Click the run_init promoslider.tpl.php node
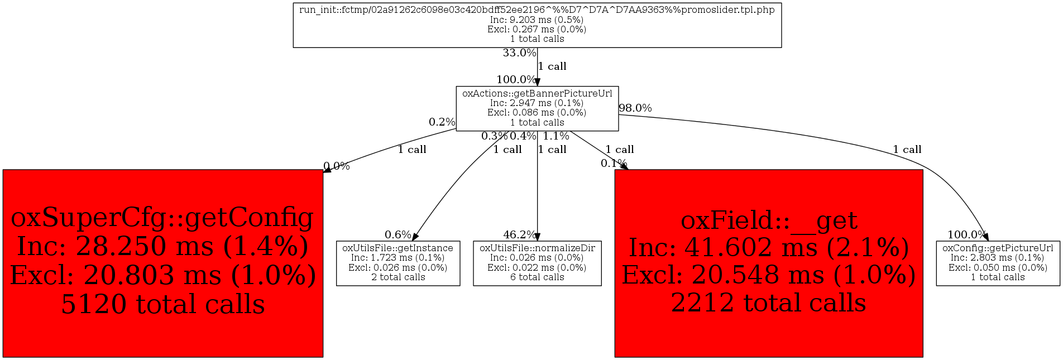tap(537, 25)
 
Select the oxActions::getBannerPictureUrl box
tap(537, 108)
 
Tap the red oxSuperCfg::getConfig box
tap(163, 263)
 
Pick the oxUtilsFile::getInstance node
tap(398, 263)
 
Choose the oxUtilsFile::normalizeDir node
tap(537, 263)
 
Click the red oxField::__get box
tap(769, 263)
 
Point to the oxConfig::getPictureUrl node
tap(998, 263)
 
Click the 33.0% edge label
tap(519, 53)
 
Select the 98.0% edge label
tap(635, 108)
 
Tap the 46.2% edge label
tap(520, 234)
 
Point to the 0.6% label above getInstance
tap(398, 234)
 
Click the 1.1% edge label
tap(556, 136)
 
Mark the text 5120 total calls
tap(163, 304)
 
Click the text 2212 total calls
tap(769, 303)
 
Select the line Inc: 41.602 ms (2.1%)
tap(769, 247)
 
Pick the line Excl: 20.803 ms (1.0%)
tap(163, 275)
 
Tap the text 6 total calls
tap(537, 277)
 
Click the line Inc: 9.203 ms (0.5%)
tap(537, 20)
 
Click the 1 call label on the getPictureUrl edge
tap(907, 150)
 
